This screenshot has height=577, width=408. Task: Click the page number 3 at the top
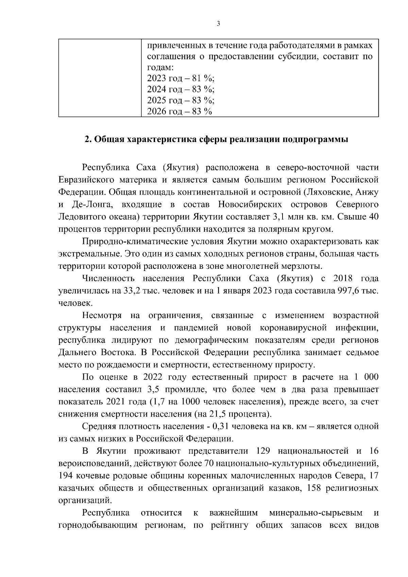218,23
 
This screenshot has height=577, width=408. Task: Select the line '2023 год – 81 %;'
181,78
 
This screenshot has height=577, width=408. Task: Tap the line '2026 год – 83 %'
180,111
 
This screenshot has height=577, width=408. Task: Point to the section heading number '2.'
88,140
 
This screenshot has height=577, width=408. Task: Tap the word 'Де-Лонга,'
89,205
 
